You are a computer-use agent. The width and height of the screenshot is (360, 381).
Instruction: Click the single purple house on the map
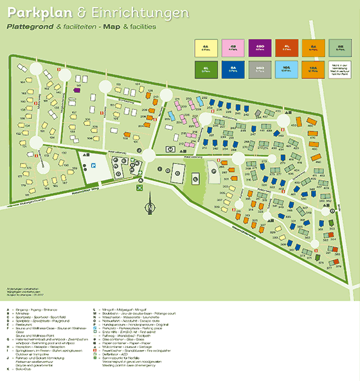[x=77, y=91]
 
